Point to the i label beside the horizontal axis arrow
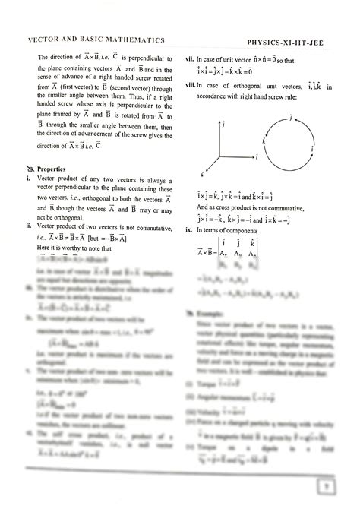(x=259, y=155)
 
